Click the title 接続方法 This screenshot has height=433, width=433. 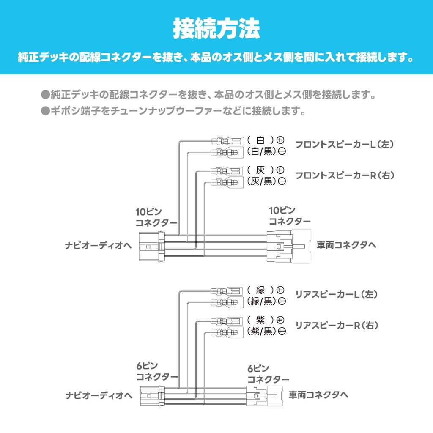[x=216, y=28]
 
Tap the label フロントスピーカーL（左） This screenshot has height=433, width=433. [x=345, y=145]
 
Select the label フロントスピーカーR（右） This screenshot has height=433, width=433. [x=345, y=175]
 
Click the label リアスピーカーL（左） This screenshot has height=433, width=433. [x=336, y=294]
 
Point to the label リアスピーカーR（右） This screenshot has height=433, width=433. [x=336, y=325]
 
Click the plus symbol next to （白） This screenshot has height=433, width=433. [x=280, y=140]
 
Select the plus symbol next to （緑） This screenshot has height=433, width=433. [x=280, y=290]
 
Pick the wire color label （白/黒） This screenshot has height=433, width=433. [x=261, y=151]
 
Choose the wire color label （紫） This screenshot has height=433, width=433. [x=260, y=320]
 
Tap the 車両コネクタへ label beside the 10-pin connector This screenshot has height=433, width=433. [x=346, y=245]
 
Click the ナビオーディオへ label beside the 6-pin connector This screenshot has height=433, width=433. [x=99, y=396]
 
